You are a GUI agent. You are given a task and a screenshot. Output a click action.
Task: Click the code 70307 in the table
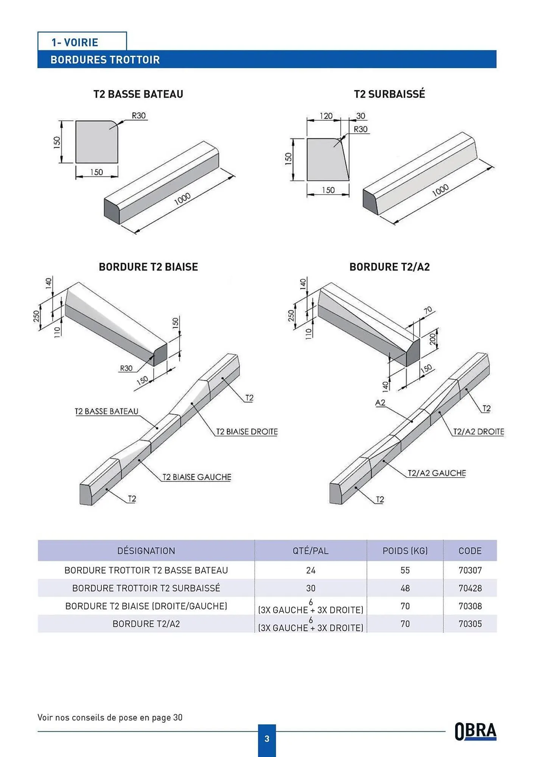470,570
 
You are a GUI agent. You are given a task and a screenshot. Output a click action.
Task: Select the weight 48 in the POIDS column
405,588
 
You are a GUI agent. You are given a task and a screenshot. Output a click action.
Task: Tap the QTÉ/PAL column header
310,551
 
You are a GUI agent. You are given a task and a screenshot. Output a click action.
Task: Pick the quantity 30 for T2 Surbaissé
311,588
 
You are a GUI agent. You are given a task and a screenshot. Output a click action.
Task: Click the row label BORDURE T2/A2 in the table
146,624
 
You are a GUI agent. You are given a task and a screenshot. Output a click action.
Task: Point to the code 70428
470,588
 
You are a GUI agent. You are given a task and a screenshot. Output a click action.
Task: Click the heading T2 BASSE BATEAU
138,94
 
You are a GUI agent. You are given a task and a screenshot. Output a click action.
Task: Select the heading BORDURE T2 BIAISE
148,267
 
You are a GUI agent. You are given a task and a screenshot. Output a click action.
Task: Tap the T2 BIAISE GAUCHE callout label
196,477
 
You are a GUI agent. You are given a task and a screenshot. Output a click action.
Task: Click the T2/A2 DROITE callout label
479,432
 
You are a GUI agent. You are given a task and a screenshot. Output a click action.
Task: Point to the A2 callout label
380,402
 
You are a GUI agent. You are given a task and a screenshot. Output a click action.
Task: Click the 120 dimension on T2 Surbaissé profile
326,116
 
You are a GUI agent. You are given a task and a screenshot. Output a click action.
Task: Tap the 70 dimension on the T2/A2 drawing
428,311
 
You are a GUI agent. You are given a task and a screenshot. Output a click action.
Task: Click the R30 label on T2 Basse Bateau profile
138,115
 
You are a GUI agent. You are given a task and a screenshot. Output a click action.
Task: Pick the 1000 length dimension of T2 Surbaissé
440,191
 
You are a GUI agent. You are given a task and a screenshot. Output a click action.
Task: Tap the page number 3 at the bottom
267,738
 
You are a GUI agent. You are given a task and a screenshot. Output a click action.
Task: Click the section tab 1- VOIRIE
75,42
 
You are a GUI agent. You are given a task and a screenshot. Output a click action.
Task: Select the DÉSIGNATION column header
146,551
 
